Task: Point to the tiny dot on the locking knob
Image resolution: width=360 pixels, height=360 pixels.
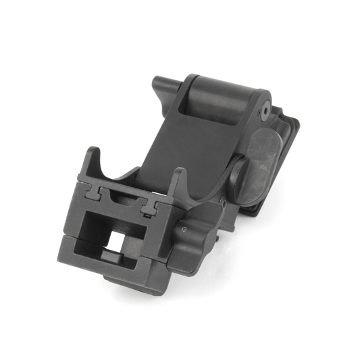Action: pyautogui.click(x=182, y=229)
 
